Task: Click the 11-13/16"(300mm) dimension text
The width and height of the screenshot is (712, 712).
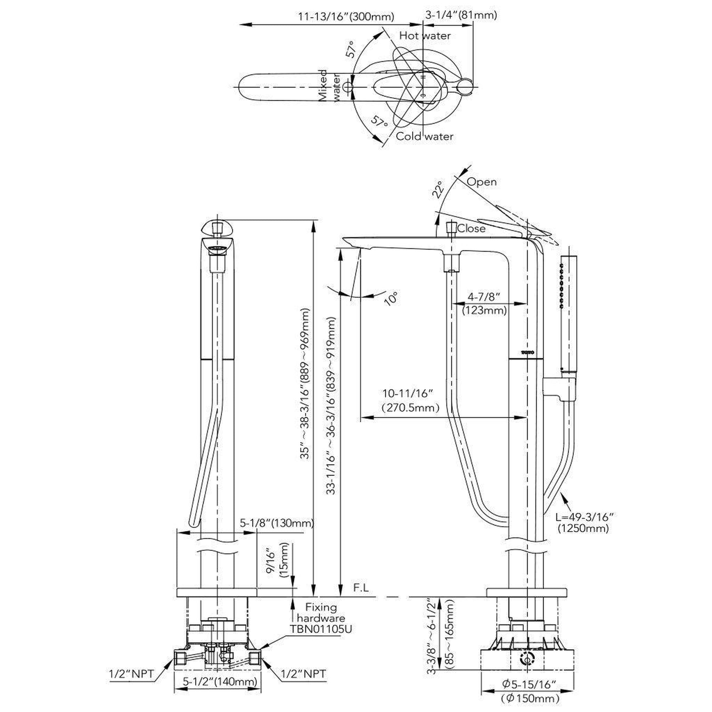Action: coord(346,16)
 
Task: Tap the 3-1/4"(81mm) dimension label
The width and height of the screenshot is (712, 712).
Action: coord(461,15)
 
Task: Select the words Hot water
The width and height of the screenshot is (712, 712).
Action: coord(424,36)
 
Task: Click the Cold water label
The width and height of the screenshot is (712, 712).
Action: coord(424,136)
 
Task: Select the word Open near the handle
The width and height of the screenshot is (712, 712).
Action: coord(481,182)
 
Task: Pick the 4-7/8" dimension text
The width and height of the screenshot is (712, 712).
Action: coord(484,296)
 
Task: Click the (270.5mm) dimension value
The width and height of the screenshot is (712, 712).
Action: coord(411,408)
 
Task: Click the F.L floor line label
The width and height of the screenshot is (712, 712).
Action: coord(361,588)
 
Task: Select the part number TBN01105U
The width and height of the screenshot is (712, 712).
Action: coord(320,629)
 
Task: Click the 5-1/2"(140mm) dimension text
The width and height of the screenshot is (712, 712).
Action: coord(220,682)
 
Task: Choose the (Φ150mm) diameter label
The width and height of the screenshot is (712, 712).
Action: coord(530,698)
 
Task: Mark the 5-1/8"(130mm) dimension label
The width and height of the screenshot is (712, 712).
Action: coord(277,523)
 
